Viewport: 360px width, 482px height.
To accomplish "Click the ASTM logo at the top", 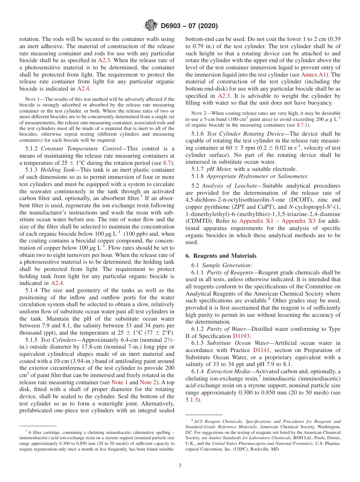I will click(x=151, y=26).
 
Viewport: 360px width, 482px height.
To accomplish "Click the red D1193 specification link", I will click(x=241, y=336).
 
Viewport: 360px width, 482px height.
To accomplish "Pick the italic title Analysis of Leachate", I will click(x=226, y=186).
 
